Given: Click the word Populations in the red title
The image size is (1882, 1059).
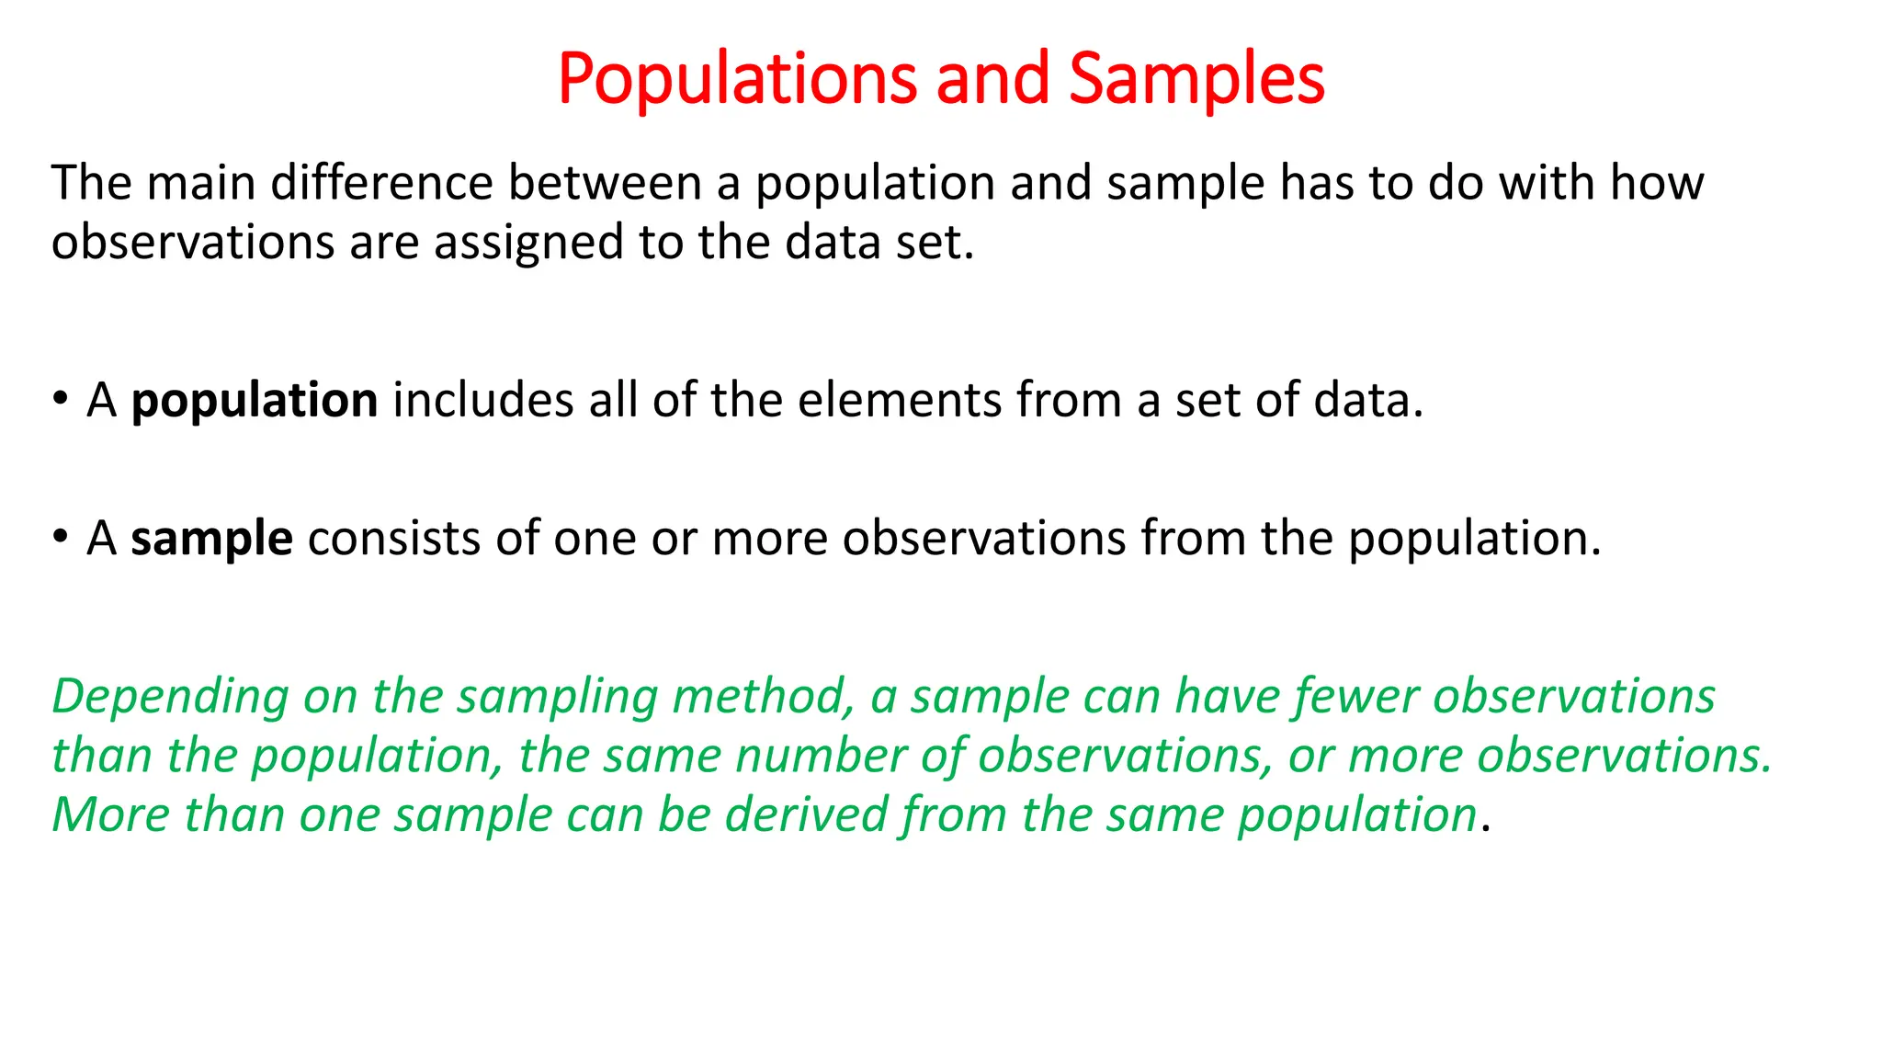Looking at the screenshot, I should click(737, 79).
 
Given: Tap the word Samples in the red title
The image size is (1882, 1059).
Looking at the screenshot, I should click(1196, 79).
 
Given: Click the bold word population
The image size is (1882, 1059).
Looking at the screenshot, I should click(255, 402).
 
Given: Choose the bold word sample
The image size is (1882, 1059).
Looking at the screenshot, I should click(211, 539).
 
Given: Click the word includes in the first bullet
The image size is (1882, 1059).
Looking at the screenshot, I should click(483, 401).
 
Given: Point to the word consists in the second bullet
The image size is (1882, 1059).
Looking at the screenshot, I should click(394, 539).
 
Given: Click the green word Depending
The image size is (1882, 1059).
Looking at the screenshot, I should click(171, 697).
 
